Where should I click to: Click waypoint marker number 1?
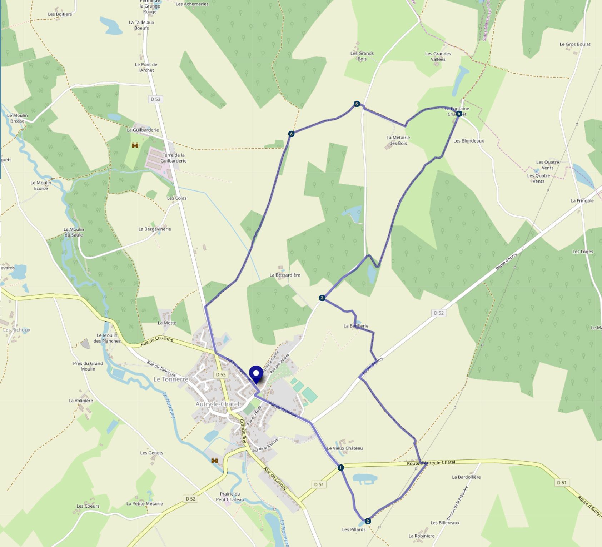pos(340,468)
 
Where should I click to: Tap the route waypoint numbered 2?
pos(368,521)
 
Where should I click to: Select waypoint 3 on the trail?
pos(322,298)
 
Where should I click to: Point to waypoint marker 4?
pos(459,114)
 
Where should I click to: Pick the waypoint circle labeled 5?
pos(357,104)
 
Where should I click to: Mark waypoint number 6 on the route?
pos(291,134)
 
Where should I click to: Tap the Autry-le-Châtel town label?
pos(218,404)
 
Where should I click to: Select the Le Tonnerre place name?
pos(171,379)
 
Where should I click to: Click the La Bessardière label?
pos(285,275)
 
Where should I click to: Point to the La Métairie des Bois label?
pos(398,140)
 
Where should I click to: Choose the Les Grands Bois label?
pos(362,56)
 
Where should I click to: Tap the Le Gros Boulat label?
pos(575,44)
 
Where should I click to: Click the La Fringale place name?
pos(582,201)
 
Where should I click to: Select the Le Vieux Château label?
pos(345,448)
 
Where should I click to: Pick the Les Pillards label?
pos(354,529)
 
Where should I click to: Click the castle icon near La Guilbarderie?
pos(135,145)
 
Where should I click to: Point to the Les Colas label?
pos(177,198)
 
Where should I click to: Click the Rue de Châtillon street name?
pos(282,409)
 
